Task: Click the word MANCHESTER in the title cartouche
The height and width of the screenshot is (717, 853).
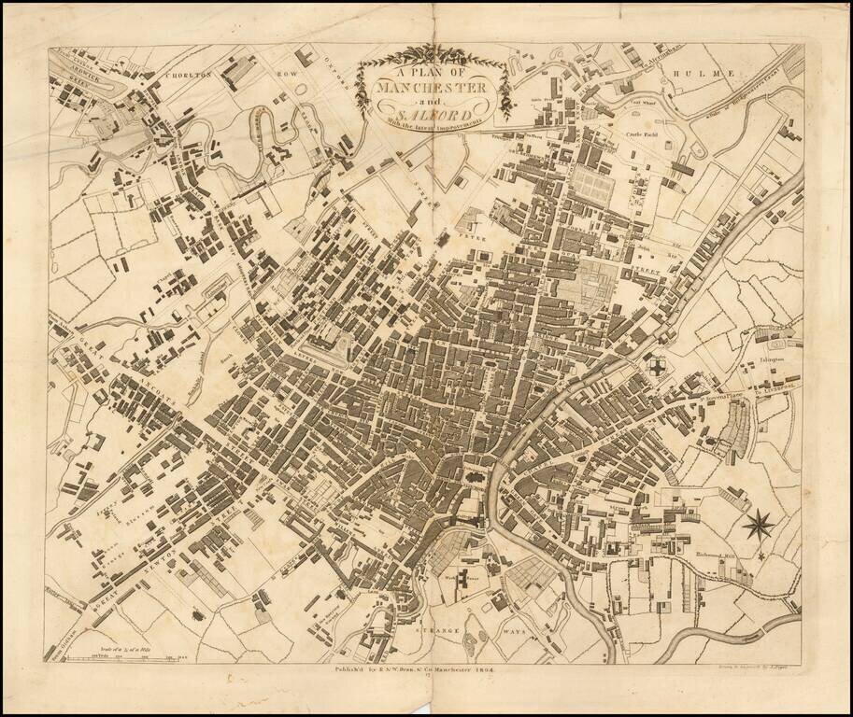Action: click(x=432, y=88)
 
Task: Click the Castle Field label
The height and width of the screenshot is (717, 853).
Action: click(x=644, y=134)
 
